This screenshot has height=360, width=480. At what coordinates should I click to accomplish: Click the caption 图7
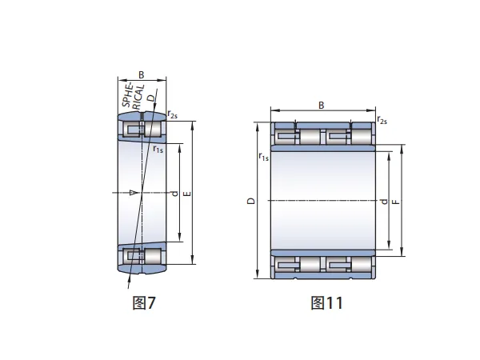pyautogui.click(x=144, y=302)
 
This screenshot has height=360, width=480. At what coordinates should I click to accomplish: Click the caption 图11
pyautogui.click(x=326, y=302)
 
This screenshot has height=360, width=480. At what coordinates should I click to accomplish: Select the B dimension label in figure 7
pyautogui.click(x=141, y=74)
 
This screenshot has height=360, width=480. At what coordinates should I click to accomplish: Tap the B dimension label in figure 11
pyautogui.click(x=321, y=106)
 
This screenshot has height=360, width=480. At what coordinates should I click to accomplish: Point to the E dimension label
pyautogui.click(x=187, y=194)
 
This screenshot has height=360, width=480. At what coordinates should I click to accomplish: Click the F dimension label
pyautogui.click(x=396, y=202)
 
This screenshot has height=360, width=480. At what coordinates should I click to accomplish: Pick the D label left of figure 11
pyautogui.click(x=251, y=201)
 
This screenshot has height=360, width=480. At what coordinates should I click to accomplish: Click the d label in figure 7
pyautogui.click(x=174, y=194)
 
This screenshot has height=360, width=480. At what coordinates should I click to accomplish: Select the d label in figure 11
pyautogui.click(x=383, y=202)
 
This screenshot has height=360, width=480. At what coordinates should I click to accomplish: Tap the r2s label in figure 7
pyautogui.click(x=172, y=114)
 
